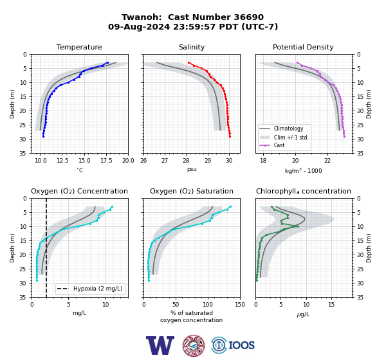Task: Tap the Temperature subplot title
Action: pyautogui.click(x=79, y=47)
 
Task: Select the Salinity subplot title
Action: pyautogui.click(x=192, y=47)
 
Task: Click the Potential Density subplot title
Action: pyautogui.click(x=303, y=47)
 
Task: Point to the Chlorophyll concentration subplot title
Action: pyautogui.click(x=304, y=191)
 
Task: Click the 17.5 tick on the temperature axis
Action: pyautogui.click(x=106, y=161)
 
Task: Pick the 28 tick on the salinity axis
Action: pyautogui.click(x=187, y=161)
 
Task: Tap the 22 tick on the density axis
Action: pyautogui.click(x=327, y=161)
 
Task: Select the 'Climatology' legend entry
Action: pyautogui.click(x=288, y=129)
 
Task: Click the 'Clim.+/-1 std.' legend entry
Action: pyautogui.click(x=291, y=138)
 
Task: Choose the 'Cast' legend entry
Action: pyautogui.click(x=279, y=145)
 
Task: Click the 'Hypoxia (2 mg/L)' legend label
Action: pyautogui.click(x=98, y=289)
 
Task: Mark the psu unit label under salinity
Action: pyautogui.click(x=192, y=169)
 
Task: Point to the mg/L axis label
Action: pyautogui.click(x=79, y=313)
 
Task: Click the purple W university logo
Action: pyautogui.click(x=160, y=345)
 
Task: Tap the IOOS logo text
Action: pyautogui.click(x=241, y=345)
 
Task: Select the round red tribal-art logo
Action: pyautogui.click(x=194, y=345)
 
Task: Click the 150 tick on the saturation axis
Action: pyautogui.click(x=240, y=305)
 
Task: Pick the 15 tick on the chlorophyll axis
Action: pyautogui.click(x=331, y=305)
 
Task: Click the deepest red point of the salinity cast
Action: pyautogui.click(x=230, y=136)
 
